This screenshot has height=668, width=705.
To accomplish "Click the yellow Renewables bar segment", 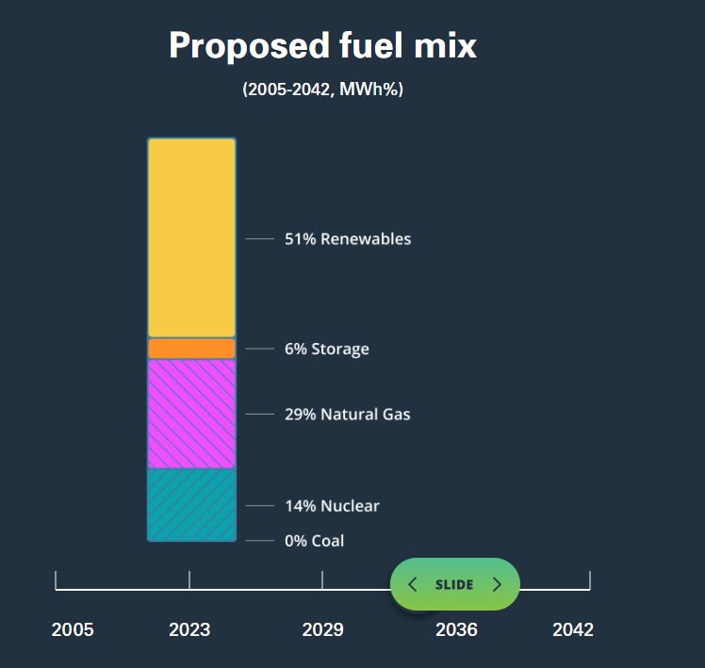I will (191, 237).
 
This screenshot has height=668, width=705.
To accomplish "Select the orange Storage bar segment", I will (191, 349).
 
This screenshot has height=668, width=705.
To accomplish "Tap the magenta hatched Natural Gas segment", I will (191, 414).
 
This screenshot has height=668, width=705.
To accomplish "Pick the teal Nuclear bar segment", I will (191, 504).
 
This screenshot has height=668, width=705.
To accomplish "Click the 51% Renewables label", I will (348, 239).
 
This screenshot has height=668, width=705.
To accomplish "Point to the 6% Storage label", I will (326, 350).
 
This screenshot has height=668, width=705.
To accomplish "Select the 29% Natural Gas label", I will (347, 415).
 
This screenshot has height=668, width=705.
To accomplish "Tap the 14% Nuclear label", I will (332, 506).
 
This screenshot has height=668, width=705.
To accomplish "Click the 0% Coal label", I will (314, 541).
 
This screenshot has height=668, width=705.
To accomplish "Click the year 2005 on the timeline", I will (73, 629).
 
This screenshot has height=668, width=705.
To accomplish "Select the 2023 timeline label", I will (189, 629).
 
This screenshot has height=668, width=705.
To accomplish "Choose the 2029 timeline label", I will (322, 629).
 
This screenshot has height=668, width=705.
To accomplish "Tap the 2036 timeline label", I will (456, 629).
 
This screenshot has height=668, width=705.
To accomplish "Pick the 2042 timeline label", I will (573, 629).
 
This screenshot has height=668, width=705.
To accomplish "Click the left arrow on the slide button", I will (413, 584).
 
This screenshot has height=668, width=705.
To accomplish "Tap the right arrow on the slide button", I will (497, 584).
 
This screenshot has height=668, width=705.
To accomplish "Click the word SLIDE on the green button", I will (454, 584).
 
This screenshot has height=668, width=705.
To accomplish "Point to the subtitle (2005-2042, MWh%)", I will (323, 90).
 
